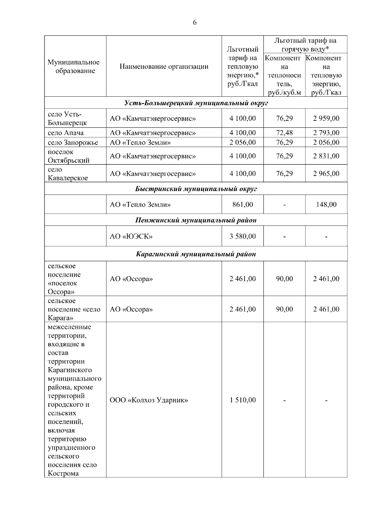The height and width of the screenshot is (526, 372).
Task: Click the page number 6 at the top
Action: [x=195, y=23]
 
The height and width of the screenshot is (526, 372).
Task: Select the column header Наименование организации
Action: [x=164, y=67]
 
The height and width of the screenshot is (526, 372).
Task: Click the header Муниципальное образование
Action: [x=74, y=67]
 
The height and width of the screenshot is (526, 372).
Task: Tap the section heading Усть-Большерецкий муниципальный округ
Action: [x=196, y=103]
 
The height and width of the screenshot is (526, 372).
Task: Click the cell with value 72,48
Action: [x=284, y=133]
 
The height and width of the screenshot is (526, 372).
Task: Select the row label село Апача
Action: [x=66, y=133]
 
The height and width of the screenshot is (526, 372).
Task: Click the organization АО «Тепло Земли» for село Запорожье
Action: [x=140, y=142]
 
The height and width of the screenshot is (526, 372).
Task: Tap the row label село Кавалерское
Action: [x=68, y=174]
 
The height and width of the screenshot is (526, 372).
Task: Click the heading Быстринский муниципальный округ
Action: [x=196, y=189]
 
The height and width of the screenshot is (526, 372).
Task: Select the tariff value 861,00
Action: [x=242, y=204]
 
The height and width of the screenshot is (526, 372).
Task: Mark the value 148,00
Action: [x=326, y=204]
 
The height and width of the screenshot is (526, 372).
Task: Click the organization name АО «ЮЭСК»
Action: [x=131, y=237]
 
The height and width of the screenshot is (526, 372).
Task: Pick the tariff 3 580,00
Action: [x=242, y=237]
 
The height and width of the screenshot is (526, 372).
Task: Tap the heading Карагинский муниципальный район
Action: [x=196, y=254]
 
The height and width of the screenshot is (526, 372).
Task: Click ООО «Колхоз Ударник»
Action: [x=149, y=400]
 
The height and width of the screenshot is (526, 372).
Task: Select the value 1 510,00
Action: [x=242, y=400]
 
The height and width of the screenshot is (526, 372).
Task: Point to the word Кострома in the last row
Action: [x=63, y=474]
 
